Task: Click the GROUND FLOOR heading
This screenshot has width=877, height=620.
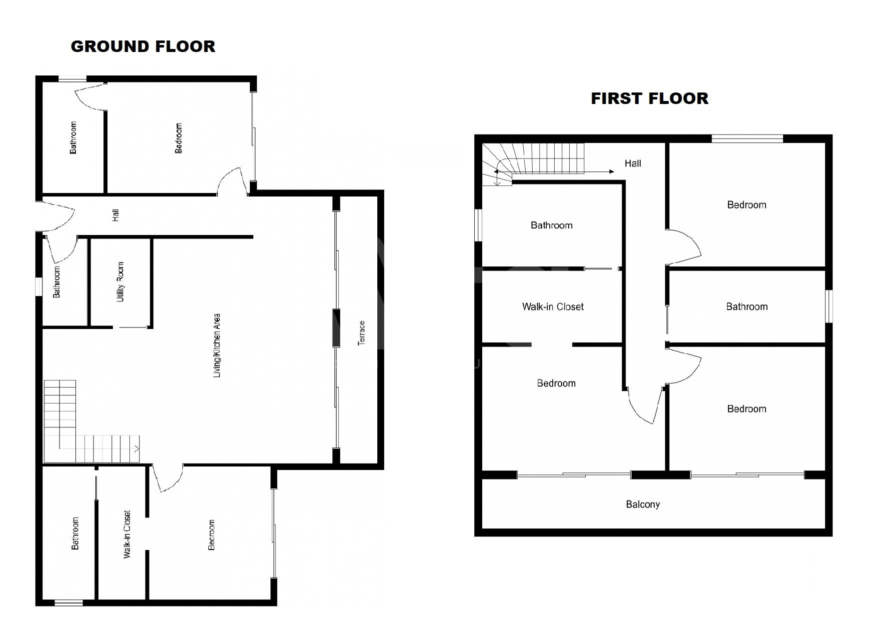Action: point(143,46)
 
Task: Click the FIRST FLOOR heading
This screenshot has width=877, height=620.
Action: point(650,98)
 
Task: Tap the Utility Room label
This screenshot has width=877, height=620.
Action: point(120,281)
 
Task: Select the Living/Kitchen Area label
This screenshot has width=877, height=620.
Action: point(217,345)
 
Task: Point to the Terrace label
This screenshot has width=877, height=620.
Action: point(362,333)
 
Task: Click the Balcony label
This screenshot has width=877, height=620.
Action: point(643,504)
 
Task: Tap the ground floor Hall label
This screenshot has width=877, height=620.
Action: point(115,215)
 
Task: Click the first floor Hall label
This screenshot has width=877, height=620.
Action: point(633,163)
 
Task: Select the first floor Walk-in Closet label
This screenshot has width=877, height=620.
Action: point(553,307)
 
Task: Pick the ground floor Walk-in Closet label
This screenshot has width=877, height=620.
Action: point(127,534)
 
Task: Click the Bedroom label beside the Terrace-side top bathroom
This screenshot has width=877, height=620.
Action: point(178,138)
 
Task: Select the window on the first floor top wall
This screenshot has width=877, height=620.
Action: point(747,138)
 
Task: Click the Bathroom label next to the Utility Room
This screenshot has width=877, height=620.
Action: point(56,282)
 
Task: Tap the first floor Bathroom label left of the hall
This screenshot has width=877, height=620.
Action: point(552,225)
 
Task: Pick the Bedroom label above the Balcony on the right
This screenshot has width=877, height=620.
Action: point(747,409)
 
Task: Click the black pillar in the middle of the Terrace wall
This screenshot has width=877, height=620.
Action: point(336,328)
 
